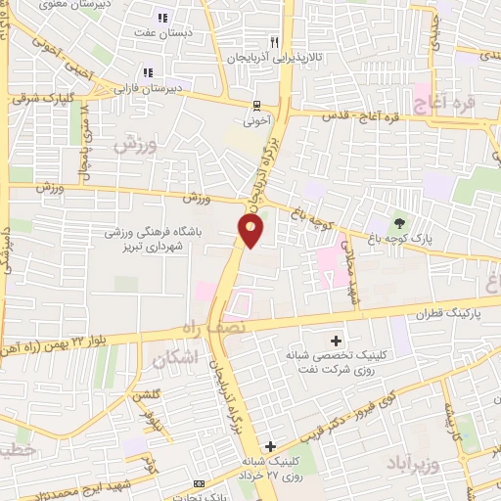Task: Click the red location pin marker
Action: pos(251,230)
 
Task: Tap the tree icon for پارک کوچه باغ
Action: pos(398,220)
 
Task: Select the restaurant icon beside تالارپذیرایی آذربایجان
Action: pos(275,42)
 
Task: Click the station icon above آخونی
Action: pos(256,106)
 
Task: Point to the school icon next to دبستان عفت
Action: pos(162,17)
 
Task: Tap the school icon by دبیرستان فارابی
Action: pos(149,71)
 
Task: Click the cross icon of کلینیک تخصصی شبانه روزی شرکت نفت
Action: pos(337,342)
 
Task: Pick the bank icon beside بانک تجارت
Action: pos(200,483)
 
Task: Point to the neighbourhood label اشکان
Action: pos(175,360)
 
